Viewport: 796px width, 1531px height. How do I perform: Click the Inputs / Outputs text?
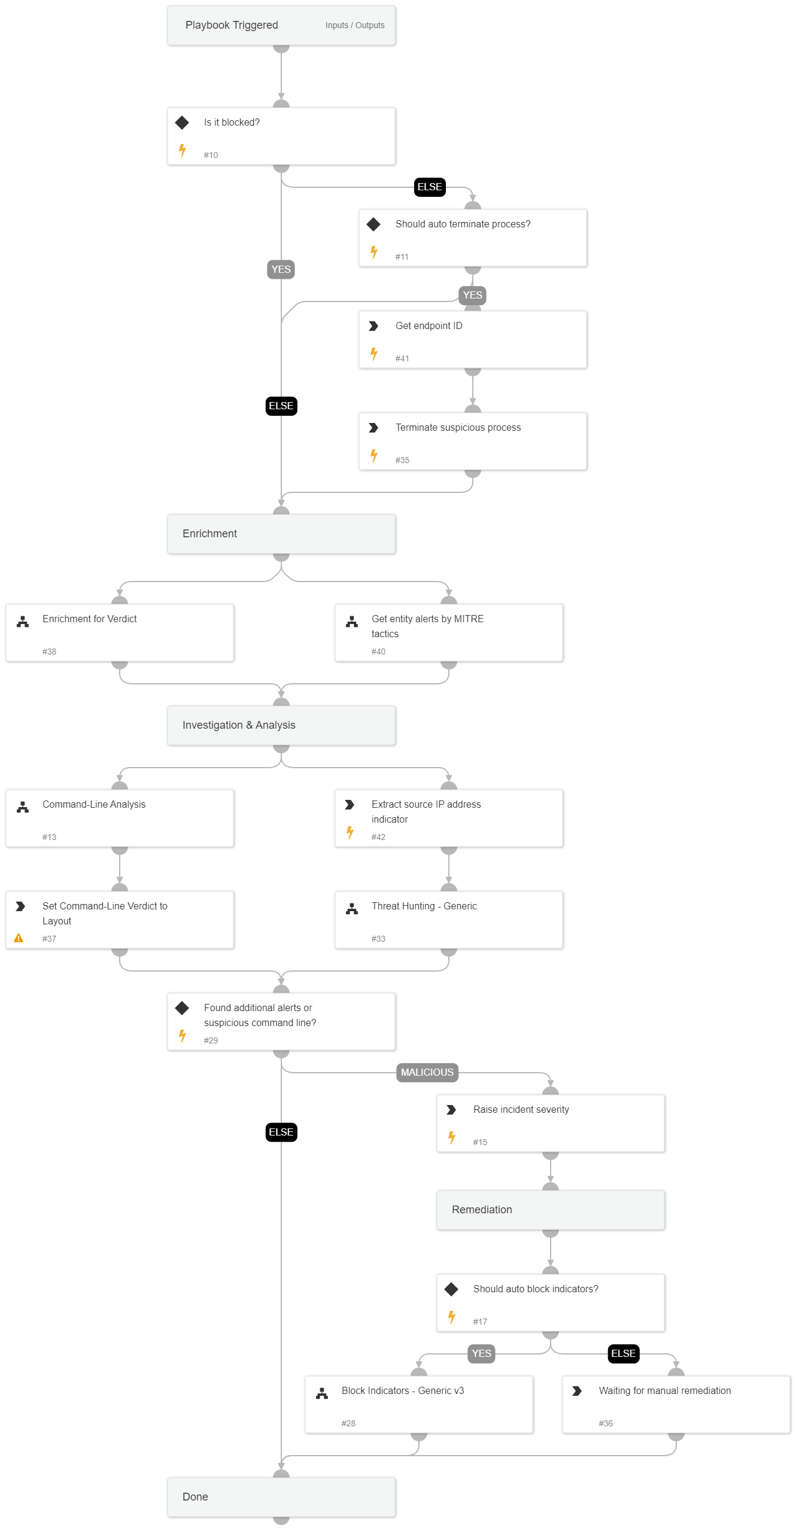click(354, 25)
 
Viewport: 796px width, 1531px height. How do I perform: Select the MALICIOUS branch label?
click(427, 1072)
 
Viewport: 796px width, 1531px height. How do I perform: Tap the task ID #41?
click(402, 358)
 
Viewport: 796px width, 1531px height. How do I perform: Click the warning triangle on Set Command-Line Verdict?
click(19, 938)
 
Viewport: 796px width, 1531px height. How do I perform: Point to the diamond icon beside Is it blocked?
click(182, 123)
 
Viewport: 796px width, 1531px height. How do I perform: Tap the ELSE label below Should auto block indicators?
click(623, 1353)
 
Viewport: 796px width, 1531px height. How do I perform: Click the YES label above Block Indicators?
click(481, 1353)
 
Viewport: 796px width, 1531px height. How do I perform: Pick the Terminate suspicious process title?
click(458, 427)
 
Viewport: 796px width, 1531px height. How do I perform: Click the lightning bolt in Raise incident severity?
click(452, 1137)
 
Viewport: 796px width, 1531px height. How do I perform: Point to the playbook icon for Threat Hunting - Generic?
click(352, 909)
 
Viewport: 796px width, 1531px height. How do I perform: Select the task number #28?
click(348, 1423)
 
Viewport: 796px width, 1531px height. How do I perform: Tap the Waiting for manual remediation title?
click(664, 1390)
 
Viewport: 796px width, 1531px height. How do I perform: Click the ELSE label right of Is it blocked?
click(430, 187)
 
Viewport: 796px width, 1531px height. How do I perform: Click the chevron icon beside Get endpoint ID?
click(373, 326)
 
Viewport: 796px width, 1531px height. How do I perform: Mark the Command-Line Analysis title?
click(94, 804)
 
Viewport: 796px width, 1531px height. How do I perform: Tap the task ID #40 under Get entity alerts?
click(378, 652)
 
